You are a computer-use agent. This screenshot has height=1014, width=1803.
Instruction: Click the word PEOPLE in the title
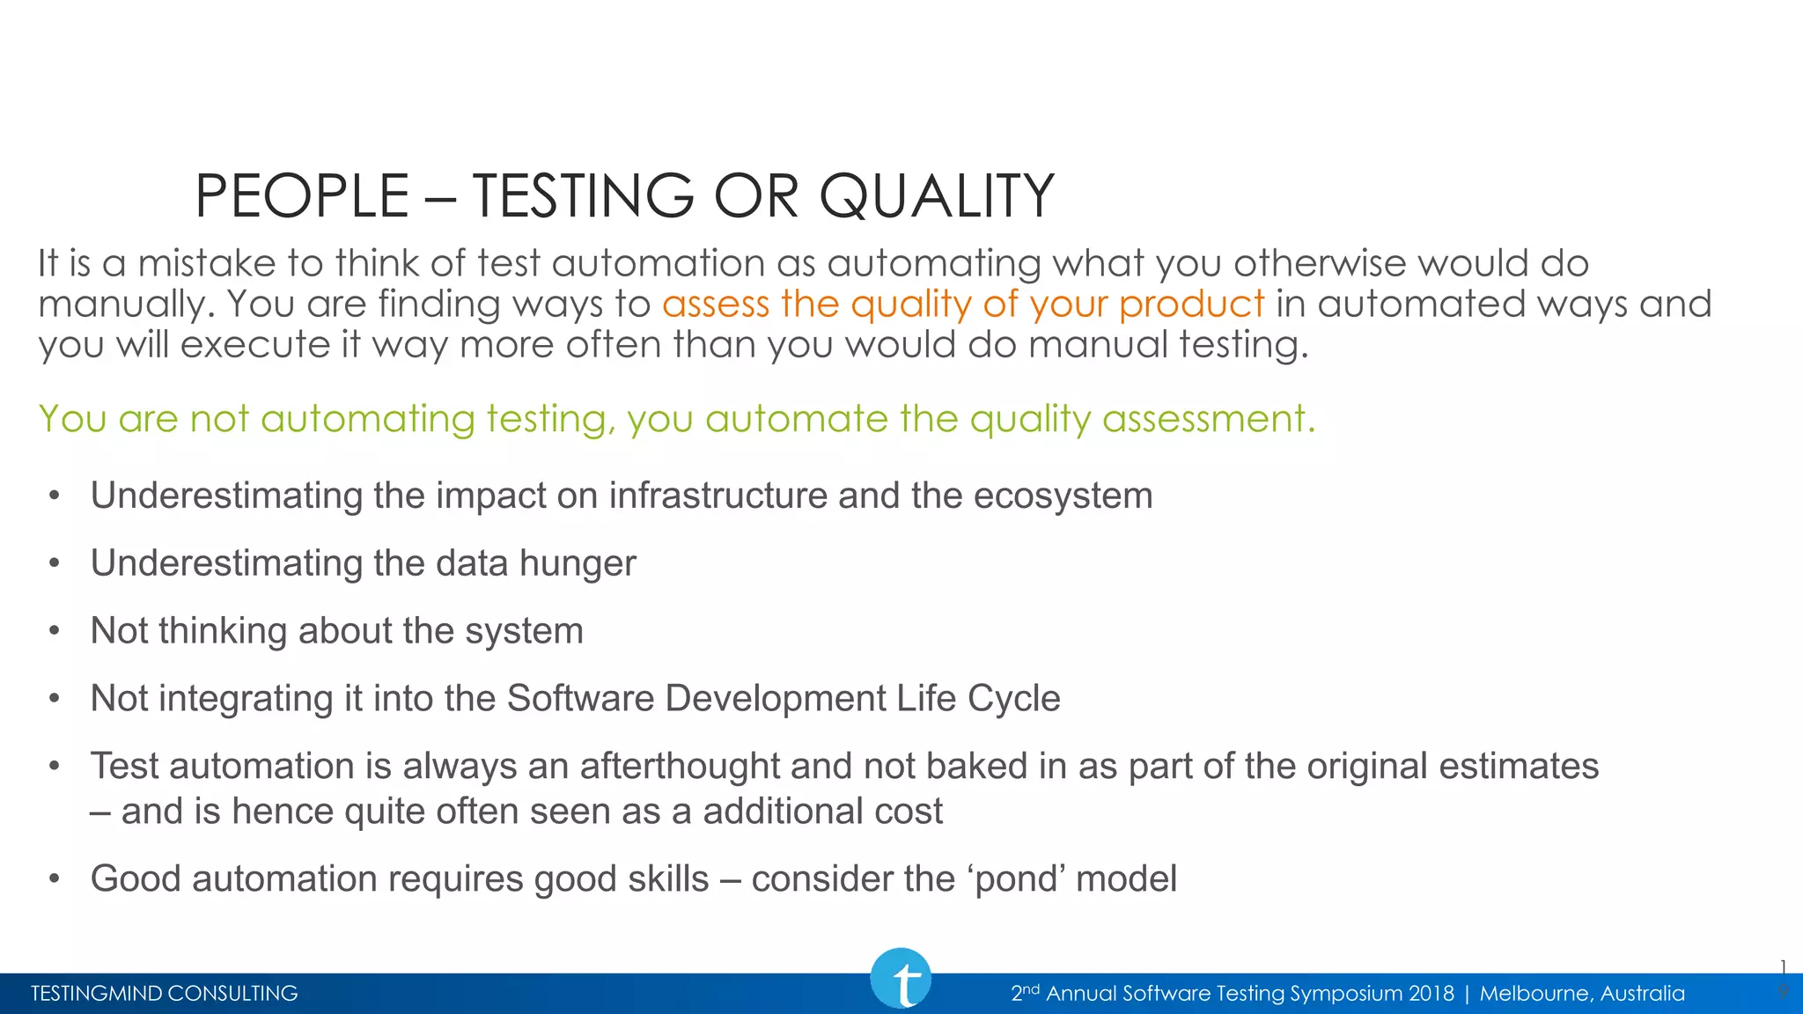(302, 195)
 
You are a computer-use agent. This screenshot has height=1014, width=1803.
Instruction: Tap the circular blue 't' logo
(901, 979)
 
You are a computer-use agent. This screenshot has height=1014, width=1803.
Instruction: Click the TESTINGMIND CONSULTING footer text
(165, 994)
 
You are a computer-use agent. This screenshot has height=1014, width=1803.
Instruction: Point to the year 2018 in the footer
(1431, 994)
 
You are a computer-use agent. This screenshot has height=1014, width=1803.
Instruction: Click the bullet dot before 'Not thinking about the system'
(55, 631)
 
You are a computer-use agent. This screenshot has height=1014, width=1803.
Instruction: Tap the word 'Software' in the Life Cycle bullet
(581, 699)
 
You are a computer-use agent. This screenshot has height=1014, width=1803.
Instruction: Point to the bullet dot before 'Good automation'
(55, 879)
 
